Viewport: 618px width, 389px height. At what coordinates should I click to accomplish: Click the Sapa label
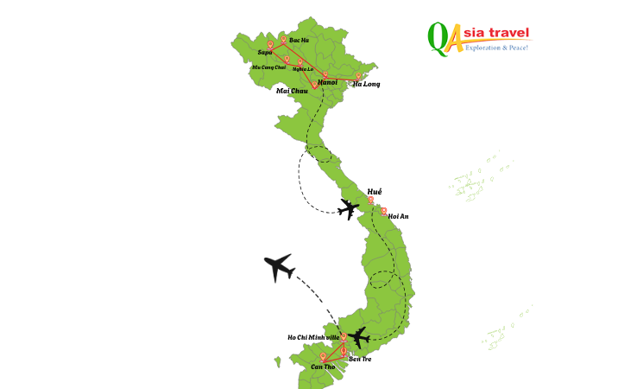264,52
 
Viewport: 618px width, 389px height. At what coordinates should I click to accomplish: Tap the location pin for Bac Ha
283,39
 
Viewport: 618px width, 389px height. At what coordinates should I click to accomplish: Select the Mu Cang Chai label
268,67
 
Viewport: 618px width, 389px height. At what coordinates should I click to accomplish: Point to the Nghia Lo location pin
300,61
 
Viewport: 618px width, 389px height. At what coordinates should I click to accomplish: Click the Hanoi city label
327,82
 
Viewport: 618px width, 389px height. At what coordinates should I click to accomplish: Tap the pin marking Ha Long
358,76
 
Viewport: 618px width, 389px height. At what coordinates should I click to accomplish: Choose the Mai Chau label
292,91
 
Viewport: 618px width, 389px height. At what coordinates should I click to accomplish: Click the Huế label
375,191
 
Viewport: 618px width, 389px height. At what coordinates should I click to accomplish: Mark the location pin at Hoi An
383,210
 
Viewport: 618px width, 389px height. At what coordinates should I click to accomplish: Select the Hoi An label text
398,216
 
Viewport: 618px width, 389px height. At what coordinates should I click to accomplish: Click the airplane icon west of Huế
349,208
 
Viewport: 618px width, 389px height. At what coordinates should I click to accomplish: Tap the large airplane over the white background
278,267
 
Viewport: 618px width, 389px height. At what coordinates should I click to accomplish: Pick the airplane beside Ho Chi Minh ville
359,336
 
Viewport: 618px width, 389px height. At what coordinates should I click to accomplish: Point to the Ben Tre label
360,358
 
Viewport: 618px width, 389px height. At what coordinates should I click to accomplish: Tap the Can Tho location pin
323,355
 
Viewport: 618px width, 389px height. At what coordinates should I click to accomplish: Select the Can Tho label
323,367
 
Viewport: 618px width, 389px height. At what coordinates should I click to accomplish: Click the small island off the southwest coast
278,361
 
